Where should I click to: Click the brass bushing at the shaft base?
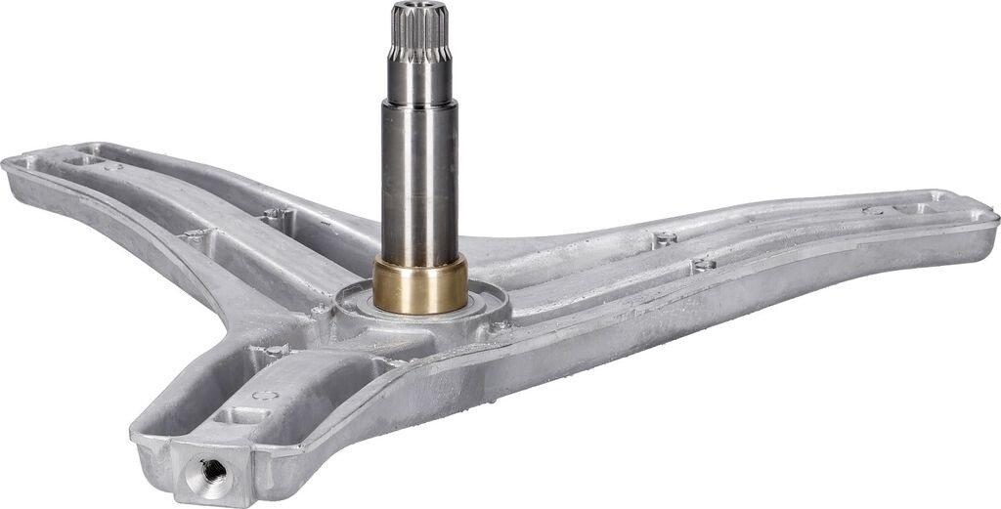tap(419, 284)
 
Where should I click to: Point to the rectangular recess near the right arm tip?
tap(914, 208)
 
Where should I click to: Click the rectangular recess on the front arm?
tap(235, 415)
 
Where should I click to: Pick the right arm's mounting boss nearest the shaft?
tap(665, 237)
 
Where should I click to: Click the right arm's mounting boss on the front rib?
tap(702, 264)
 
